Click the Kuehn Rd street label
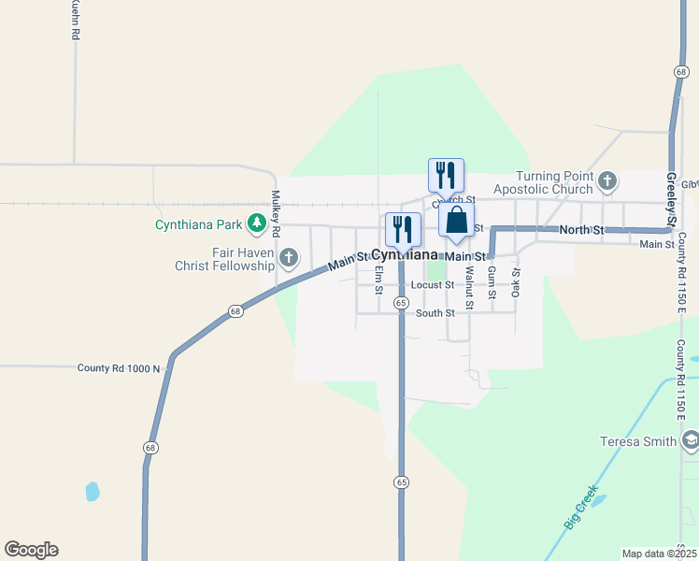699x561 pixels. (74, 20)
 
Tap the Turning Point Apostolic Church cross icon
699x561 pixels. (607, 180)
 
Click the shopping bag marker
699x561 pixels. (457, 221)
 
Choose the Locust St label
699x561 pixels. (432, 284)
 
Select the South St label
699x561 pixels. (435, 313)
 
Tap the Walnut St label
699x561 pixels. (469, 281)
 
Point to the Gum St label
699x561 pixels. (492, 279)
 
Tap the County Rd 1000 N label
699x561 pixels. (120, 368)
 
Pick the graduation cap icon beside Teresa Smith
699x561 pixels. (691, 440)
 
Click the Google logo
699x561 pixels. (31, 550)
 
